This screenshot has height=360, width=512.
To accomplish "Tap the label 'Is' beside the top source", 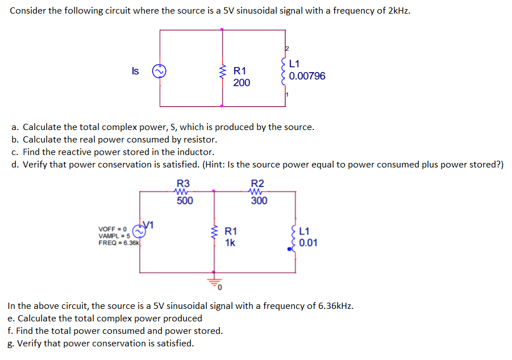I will coord(135,71).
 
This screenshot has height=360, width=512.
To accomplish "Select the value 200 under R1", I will coord(241,83).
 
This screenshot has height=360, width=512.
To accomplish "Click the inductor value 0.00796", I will coord(307,76).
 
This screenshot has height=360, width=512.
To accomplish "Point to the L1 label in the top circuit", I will coord(294,64).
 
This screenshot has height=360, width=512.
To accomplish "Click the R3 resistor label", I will coord(183,183).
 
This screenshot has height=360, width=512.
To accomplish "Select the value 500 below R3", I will coord(185,200).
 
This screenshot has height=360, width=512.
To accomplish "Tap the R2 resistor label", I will coord(257,183).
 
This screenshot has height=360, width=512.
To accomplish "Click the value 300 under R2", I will coord(259,200).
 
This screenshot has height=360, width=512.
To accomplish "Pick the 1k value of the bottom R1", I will coord(230,243).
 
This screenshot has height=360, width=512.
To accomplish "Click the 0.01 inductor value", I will coord(309,243).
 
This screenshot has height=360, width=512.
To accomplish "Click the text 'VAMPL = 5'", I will coord(114,236).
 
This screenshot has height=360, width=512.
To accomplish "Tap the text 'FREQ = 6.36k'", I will coord(119,242).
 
